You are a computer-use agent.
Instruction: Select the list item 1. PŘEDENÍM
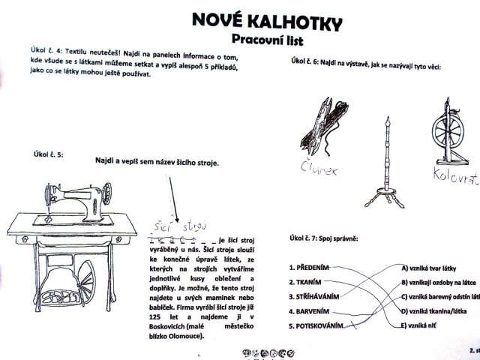click(308, 267)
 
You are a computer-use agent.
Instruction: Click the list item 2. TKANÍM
click(304, 281)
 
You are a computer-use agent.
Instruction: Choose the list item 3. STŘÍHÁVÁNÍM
click(314, 296)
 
